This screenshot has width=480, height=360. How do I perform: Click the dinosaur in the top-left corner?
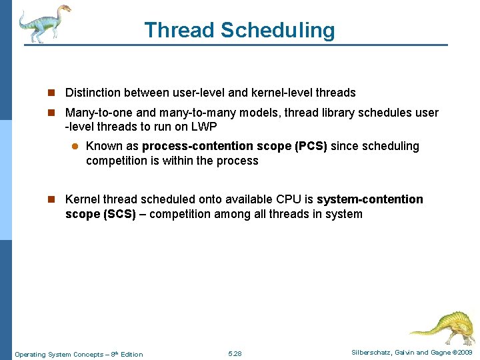click(x=44, y=23)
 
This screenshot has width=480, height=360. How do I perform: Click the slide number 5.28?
click(x=235, y=353)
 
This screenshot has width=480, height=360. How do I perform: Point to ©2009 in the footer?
click(x=461, y=353)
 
